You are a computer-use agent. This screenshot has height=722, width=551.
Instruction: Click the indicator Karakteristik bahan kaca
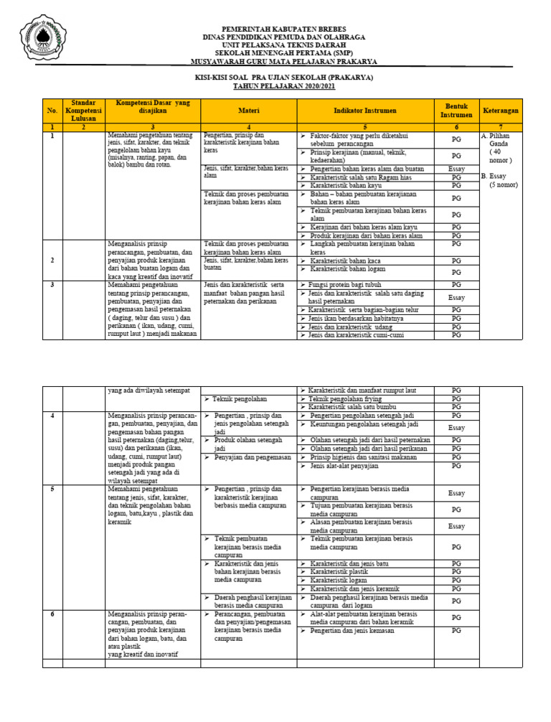pyautogui.click(x=345, y=261)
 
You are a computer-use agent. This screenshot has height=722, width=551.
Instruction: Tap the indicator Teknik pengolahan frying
pyautogui.click(x=342, y=399)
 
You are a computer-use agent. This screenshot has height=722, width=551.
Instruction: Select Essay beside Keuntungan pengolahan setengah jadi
pyautogui.click(x=456, y=427)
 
